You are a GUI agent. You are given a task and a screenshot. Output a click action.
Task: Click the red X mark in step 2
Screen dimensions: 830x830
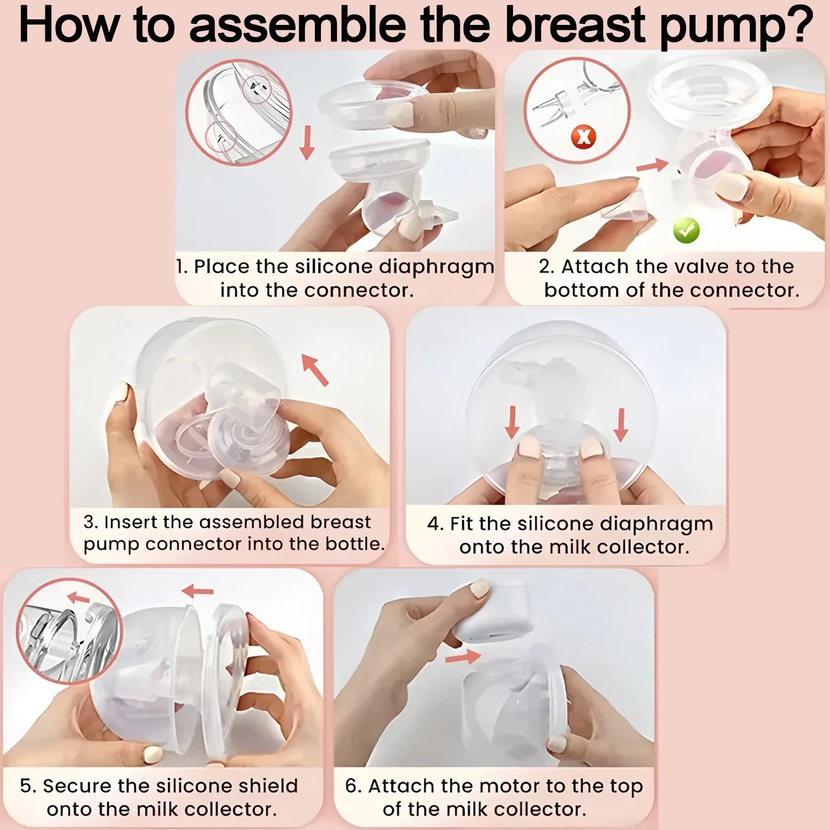(x=584, y=136)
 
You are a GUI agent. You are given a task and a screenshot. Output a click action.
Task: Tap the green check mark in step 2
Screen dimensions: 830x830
(x=686, y=231)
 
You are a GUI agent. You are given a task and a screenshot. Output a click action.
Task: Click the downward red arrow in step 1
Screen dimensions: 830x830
(x=307, y=143)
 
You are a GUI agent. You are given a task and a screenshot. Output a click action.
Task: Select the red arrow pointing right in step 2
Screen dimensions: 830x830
(x=652, y=165)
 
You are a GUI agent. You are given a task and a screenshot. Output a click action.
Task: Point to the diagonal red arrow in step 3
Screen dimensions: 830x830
(x=315, y=370)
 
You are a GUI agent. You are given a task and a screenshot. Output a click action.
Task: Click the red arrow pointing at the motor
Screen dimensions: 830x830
(x=463, y=657)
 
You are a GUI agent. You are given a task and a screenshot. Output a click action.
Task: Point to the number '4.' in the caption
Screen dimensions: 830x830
(x=435, y=523)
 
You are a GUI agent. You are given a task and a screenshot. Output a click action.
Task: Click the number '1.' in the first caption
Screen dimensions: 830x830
(x=182, y=267)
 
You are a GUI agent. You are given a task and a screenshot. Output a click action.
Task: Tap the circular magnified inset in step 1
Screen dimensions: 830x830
(x=238, y=112)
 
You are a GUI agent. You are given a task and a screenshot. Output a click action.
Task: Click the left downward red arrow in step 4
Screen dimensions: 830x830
(x=512, y=422)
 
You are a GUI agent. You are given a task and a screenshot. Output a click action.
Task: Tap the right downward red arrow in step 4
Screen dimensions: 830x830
(x=621, y=424)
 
